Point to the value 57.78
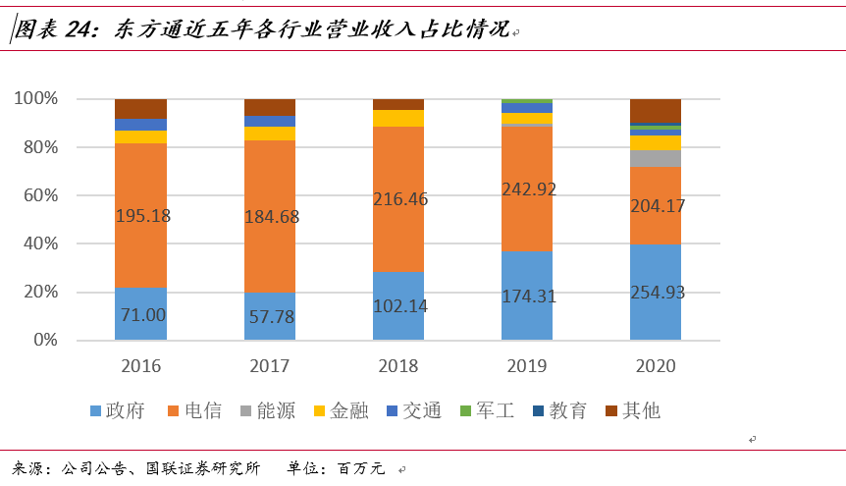coord(270,317)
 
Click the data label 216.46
coord(398,200)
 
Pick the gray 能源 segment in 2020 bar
coord(656,158)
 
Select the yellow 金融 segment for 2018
coord(398,118)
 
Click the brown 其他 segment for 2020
coord(656,111)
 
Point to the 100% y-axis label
coord(36,99)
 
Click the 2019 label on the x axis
coord(527,366)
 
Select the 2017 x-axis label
coord(270,366)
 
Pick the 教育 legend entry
coord(558,410)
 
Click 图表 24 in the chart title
coord(51,29)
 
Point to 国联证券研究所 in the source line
coord(213,468)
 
